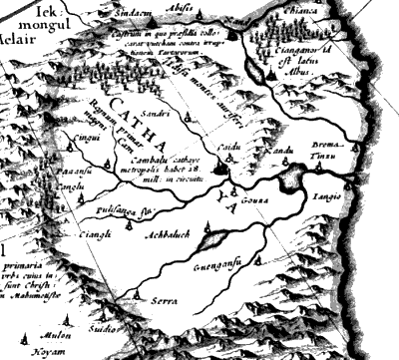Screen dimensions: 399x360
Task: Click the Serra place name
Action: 165,300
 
